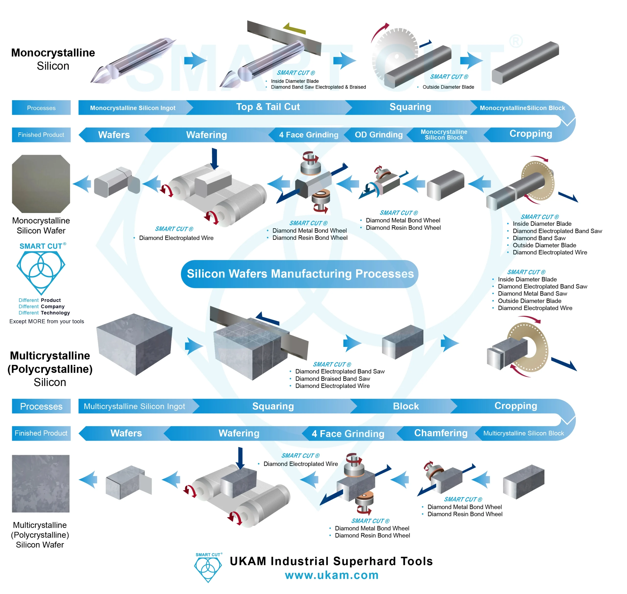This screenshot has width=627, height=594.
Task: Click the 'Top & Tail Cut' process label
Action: point(268,107)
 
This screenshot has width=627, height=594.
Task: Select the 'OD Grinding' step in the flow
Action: point(378,135)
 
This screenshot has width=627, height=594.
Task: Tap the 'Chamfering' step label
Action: point(440,433)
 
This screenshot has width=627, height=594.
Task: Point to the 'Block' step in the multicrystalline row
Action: point(406,406)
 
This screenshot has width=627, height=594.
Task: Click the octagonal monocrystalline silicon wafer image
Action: point(41,184)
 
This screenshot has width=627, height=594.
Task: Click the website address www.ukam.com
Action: point(332,575)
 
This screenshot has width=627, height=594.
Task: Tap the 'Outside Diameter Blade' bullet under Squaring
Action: point(448,87)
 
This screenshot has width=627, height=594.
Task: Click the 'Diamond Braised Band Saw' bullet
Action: point(332,379)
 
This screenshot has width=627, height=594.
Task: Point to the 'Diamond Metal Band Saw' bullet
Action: point(532,293)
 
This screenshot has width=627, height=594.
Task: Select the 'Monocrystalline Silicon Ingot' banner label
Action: point(133,108)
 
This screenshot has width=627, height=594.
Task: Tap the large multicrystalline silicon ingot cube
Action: point(134,344)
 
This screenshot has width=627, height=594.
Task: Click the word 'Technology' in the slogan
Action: point(55,313)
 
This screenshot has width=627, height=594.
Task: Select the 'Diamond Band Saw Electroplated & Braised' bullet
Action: point(318,87)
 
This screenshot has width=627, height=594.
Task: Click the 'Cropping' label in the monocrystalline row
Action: point(531,134)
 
